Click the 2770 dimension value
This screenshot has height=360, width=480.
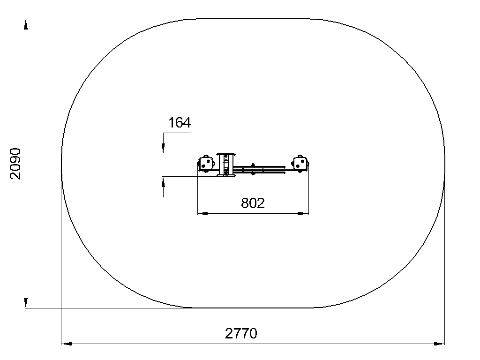click(241, 333)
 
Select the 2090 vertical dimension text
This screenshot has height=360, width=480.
click(15, 164)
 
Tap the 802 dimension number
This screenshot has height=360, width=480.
click(253, 203)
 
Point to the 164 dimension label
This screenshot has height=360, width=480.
click(180, 123)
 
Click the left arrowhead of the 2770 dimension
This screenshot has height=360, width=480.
click(67, 344)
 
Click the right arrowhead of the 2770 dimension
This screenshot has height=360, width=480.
click(439, 344)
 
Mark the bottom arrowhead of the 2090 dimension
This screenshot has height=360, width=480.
click(26, 302)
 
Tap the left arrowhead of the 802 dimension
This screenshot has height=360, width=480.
click(202, 213)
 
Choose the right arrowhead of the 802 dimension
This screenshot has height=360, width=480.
click(303, 213)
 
